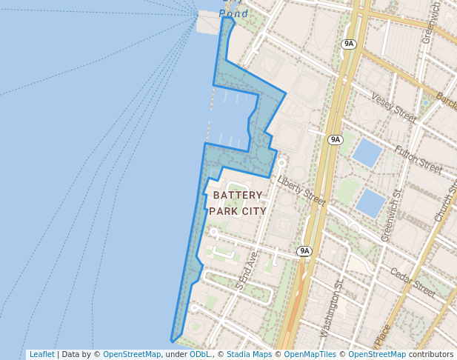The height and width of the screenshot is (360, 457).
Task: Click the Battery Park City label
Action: click(x=237, y=203)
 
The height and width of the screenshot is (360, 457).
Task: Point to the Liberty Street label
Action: click(x=301, y=190)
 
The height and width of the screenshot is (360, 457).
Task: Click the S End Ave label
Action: click(x=247, y=270)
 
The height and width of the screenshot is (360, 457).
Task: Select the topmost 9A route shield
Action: click(x=349, y=44)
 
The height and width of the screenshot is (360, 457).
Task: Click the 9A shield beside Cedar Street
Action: click(x=304, y=251)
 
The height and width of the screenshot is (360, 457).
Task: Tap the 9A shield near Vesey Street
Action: click(x=336, y=139)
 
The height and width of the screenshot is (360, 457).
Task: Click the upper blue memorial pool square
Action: click(x=367, y=153)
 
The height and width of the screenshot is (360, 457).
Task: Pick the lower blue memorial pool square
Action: click(x=370, y=202)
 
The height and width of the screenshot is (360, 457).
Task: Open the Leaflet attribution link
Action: click(x=42, y=355)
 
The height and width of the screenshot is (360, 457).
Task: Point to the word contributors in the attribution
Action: click(x=431, y=355)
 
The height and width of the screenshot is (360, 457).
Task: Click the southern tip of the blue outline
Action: click(x=173, y=341)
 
